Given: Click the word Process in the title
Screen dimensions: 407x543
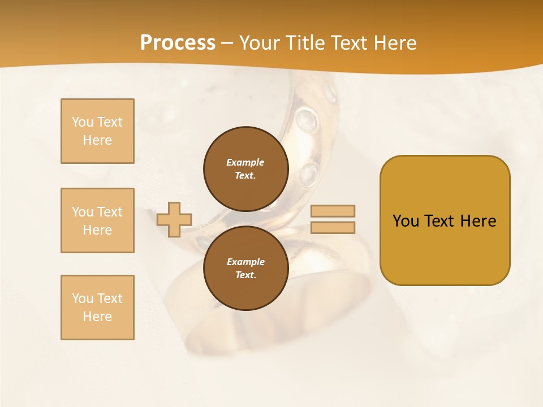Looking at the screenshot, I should tap(178, 43).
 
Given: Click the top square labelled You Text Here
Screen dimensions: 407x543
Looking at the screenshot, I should tap(97, 131).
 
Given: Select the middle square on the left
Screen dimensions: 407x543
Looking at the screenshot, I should tap(97, 220).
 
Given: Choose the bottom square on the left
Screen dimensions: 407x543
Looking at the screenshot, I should tap(97, 308).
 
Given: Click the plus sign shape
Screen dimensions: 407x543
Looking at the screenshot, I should tap(174, 219).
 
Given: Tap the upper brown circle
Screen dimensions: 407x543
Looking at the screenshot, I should tap(246, 168).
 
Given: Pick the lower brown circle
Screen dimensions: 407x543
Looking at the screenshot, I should tap(246, 268).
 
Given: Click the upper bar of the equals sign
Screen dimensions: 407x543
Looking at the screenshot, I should tap(333, 211).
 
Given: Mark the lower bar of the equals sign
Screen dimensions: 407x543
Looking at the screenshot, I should tap(333, 228).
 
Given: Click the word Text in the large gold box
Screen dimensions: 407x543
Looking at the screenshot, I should tap(440, 221).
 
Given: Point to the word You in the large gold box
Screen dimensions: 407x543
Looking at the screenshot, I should tap(406, 221).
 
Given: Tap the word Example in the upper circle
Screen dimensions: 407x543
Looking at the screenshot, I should tap(245, 162).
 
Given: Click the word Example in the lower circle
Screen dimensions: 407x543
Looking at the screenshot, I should tap(245, 262).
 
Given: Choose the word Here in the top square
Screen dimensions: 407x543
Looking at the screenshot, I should tap(97, 140).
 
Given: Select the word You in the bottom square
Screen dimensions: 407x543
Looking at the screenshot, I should tap(83, 298).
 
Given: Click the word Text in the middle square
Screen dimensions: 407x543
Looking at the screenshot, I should tap(110, 212).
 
